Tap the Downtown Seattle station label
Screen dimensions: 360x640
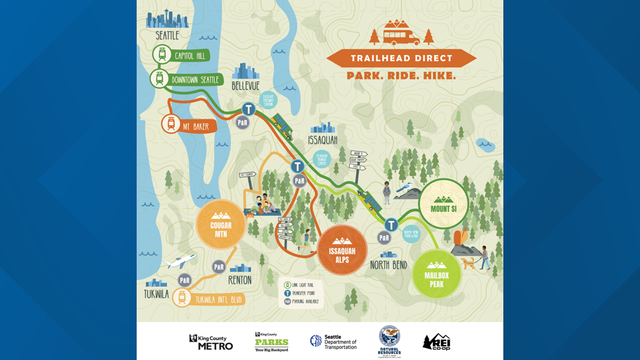[x=194, y=79]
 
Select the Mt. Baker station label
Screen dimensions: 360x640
[x=195, y=126]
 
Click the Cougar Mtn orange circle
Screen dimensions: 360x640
[x=221, y=225]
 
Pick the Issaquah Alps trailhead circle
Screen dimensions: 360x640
[x=342, y=250]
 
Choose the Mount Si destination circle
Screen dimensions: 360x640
[x=443, y=204]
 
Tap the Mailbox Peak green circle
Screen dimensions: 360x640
[x=437, y=275]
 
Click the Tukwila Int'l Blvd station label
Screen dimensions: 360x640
[x=218, y=299]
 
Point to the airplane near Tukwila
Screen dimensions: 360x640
[x=181, y=261]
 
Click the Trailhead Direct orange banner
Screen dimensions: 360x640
[x=401, y=58]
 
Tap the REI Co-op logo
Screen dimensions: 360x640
[x=436, y=342]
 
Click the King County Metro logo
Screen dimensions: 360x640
[x=211, y=342]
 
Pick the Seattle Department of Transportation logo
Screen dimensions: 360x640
[x=333, y=341]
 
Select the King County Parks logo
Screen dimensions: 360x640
[x=272, y=341]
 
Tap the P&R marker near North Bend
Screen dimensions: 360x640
[x=384, y=238]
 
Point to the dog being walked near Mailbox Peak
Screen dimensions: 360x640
[x=468, y=263]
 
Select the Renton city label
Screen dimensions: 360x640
[x=240, y=280]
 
